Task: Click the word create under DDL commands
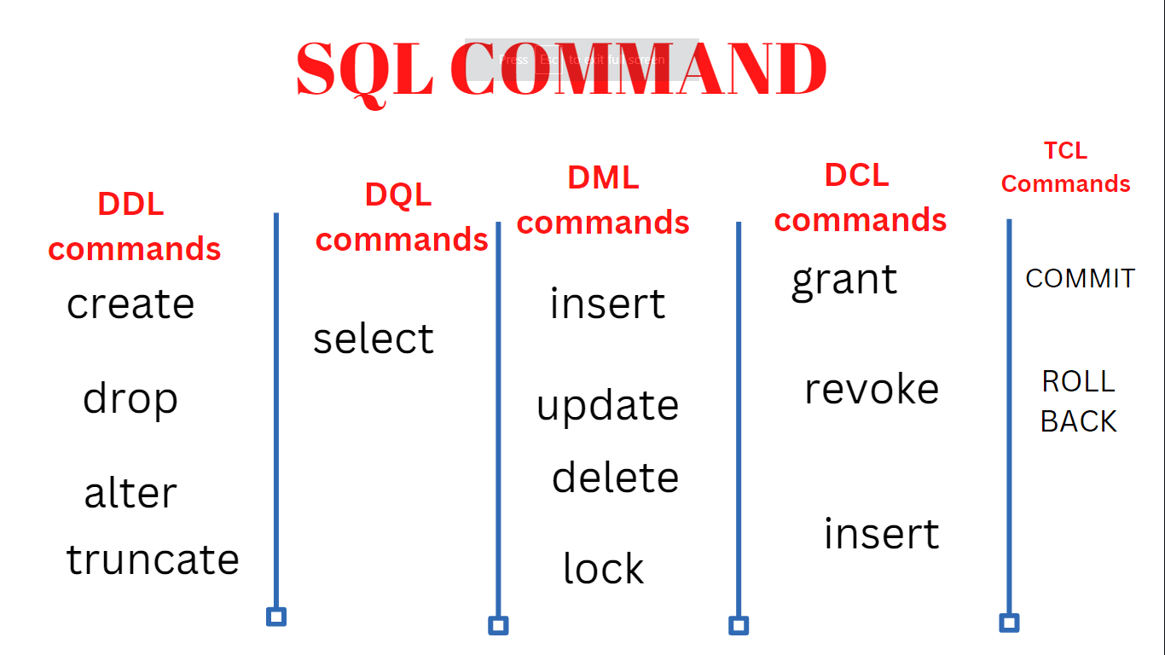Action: point(130,304)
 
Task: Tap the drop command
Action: point(130,399)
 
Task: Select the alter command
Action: point(130,493)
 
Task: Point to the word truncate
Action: point(153,559)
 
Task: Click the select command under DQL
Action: point(374,339)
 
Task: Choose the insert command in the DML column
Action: point(607,304)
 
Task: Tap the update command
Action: point(607,406)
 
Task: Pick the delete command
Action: point(615,478)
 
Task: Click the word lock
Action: point(603,569)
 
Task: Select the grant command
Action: point(844,281)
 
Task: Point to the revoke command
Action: point(871,389)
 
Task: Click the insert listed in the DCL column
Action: point(881,534)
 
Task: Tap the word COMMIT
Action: point(1080,279)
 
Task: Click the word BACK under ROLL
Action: point(1078,421)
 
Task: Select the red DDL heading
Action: point(130,205)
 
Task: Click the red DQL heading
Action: point(398,195)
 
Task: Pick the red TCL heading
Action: point(1065,151)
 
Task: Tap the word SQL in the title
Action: point(365,69)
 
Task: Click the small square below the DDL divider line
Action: point(275,617)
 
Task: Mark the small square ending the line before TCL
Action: point(1009,623)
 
